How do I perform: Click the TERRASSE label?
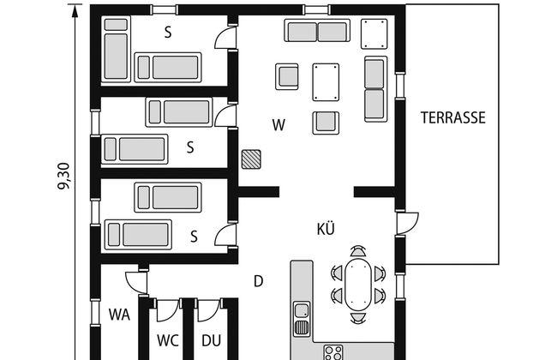pos(453,117)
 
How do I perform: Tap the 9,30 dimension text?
pos(64,177)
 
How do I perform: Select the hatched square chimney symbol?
pos(251,159)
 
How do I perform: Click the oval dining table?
pos(358,285)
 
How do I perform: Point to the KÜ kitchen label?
pos(326,229)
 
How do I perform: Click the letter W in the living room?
pos(278,125)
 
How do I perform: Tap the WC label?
pos(168,340)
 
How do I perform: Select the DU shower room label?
pos(212,340)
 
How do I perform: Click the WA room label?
pos(119,315)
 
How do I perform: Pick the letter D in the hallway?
pos(259,281)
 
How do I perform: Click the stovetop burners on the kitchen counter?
pos(333,352)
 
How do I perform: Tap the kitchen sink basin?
pos(302,310)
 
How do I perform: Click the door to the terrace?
pos(407,223)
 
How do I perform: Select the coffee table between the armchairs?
pos(326,82)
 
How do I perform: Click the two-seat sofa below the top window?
pos(317,31)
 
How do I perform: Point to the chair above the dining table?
pos(357,251)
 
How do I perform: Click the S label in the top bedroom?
pos(168,33)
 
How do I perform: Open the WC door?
pos(167,310)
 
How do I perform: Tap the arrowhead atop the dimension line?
pos(75,10)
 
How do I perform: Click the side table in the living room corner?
pos(374,34)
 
